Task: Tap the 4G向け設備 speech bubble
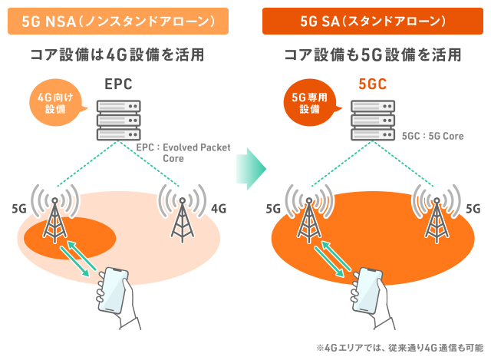54,103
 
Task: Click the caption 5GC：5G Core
433,136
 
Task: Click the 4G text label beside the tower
219,207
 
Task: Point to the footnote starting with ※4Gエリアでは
398,347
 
